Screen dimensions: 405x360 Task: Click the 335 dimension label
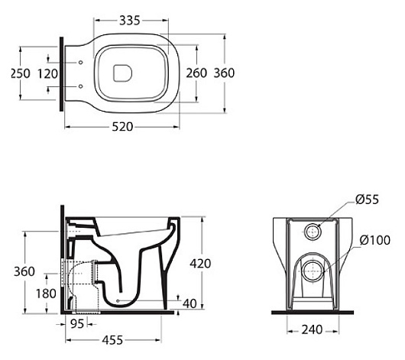pyautogui.click(x=130, y=21)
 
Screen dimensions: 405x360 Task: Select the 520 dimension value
pyautogui.click(x=122, y=127)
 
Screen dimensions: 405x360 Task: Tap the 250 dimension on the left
pyautogui.click(x=21, y=73)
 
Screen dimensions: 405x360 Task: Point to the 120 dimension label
pyautogui.click(x=48, y=74)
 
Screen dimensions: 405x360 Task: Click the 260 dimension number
pyautogui.click(x=196, y=73)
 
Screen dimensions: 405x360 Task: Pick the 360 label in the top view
pyautogui.click(x=224, y=73)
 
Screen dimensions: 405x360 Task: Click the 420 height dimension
pyautogui.click(x=200, y=264)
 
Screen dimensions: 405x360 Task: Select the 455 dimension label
pyautogui.click(x=112, y=340)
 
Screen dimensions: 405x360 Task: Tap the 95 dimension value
pyautogui.click(x=77, y=323)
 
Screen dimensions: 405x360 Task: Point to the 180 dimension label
pyautogui.click(x=46, y=294)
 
